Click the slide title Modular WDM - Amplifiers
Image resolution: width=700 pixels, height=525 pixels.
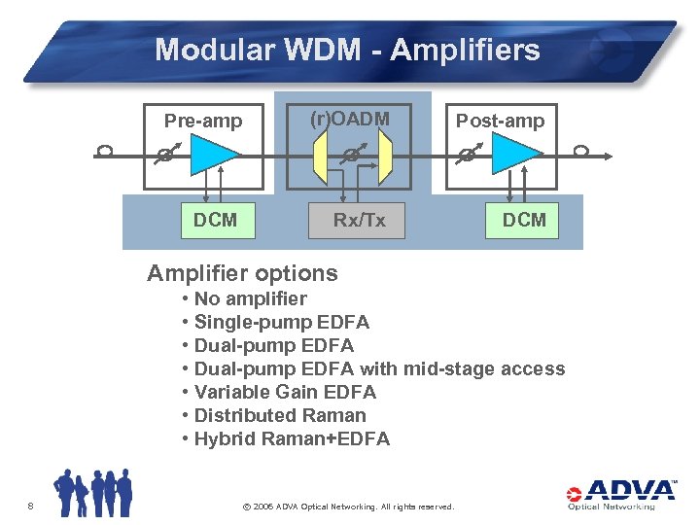[x=347, y=50]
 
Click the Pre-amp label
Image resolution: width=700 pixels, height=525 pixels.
[x=202, y=121]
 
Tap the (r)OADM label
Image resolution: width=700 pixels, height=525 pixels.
[x=350, y=119]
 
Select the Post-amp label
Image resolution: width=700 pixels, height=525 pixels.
[x=501, y=121]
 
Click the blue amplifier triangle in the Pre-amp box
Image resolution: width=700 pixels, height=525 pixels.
[x=213, y=154]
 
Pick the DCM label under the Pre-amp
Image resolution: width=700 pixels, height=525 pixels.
[x=215, y=220]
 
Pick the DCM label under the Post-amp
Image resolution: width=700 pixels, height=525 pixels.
[x=524, y=220]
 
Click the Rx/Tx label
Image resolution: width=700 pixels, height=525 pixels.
[x=359, y=220]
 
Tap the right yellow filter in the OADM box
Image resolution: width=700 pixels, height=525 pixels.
[x=385, y=157]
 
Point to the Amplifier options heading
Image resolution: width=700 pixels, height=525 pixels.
[x=242, y=273]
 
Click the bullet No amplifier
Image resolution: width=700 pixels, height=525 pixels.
[x=250, y=298]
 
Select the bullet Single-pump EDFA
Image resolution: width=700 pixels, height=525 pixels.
[x=281, y=322]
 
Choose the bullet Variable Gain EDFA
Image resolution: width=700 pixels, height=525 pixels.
[x=285, y=392]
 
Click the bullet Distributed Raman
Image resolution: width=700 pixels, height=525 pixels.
[x=280, y=415]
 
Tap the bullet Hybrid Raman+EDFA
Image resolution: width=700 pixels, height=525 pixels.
[x=292, y=438]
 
